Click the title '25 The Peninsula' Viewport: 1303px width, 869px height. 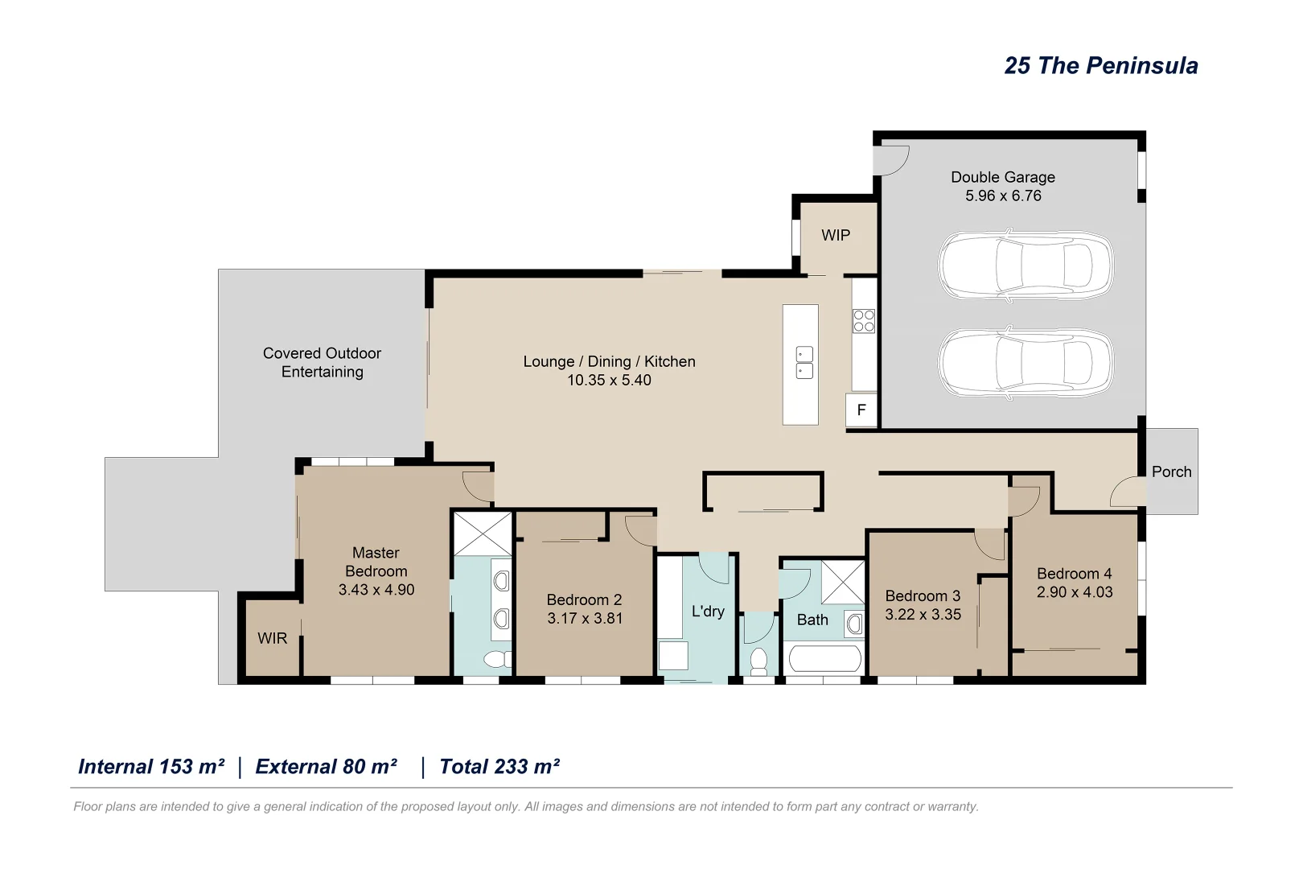point(1100,66)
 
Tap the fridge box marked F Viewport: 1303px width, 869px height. point(861,410)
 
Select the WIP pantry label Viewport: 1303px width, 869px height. point(835,235)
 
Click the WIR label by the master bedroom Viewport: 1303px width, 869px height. point(272,638)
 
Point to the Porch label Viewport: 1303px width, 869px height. point(1171,472)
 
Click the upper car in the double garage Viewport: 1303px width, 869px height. point(1026,266)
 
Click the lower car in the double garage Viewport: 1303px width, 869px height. point(1026,363)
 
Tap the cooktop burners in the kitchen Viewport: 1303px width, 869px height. point(864,321)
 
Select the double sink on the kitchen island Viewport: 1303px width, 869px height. point(804,362)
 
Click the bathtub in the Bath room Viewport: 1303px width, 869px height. point(825,659)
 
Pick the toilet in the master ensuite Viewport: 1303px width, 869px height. point(497,660)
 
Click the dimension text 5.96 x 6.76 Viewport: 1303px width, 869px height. point(1002,196)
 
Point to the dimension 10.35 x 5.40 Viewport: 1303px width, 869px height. point(609,380)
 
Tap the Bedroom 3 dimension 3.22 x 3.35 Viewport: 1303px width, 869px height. point(923,614)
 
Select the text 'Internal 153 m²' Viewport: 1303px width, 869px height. point(151,766)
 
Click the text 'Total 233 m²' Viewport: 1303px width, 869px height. point(499,766)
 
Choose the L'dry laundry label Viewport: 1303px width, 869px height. point(708,611)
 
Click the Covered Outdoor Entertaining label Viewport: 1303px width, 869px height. point(322,362)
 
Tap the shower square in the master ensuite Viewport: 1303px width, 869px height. point(483,533)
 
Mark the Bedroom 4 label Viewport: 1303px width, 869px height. point(1074,573)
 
